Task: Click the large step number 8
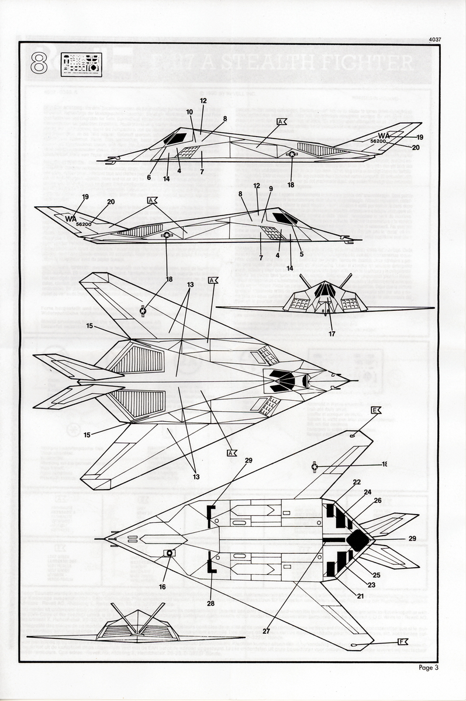coord(39,63)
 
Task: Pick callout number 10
coord(189,112)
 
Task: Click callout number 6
coord(149,178)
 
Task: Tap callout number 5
coord(302,254)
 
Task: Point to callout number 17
coord(332,334)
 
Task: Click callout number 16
coord(162,587)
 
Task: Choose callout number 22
coord(356,482)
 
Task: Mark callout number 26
coord(377,501)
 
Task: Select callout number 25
coord(376,575)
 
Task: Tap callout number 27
coord(266,631)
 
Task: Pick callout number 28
coord(211,602)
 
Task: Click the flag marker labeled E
coord(376,411)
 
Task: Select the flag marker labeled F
coord(402,641)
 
